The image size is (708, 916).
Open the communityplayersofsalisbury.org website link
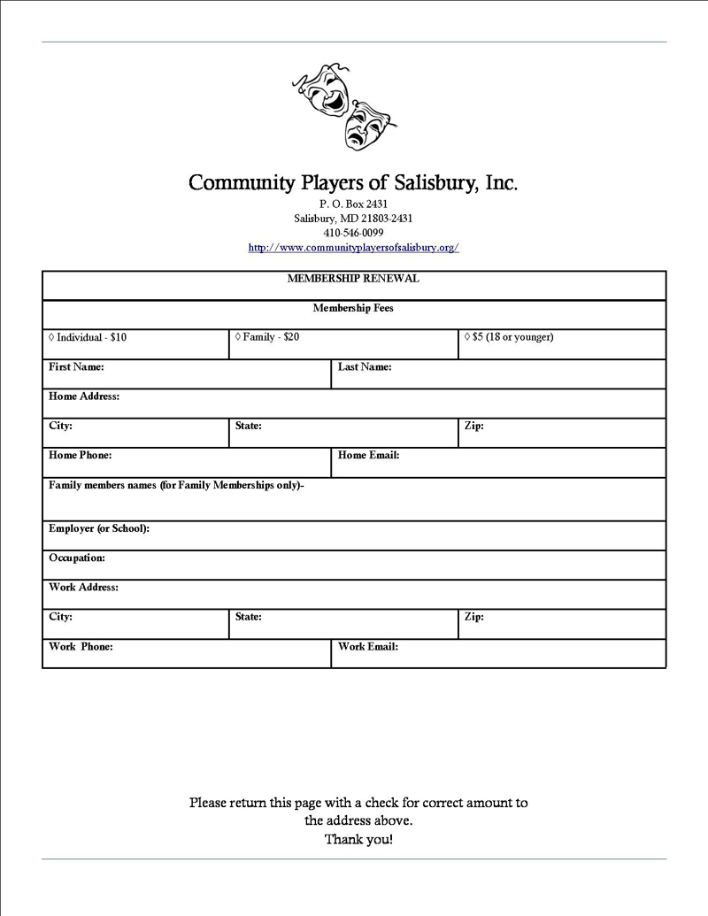353,248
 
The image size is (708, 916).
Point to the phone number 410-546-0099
353,233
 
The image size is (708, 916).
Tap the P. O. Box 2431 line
353,204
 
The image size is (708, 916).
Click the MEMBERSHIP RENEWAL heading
353,278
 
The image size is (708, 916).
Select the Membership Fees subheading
353,308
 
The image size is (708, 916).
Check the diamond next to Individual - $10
51,337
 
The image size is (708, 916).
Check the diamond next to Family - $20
238,336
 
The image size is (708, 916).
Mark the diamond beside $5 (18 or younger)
467,336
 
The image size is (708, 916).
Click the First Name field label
76,366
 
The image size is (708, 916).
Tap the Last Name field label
365,366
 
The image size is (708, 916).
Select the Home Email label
368,455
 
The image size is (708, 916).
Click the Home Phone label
80,455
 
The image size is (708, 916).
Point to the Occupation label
77,558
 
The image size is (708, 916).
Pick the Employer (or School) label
99,528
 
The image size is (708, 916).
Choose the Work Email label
367,646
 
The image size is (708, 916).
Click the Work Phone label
81,646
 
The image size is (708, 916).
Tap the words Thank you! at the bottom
358,839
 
